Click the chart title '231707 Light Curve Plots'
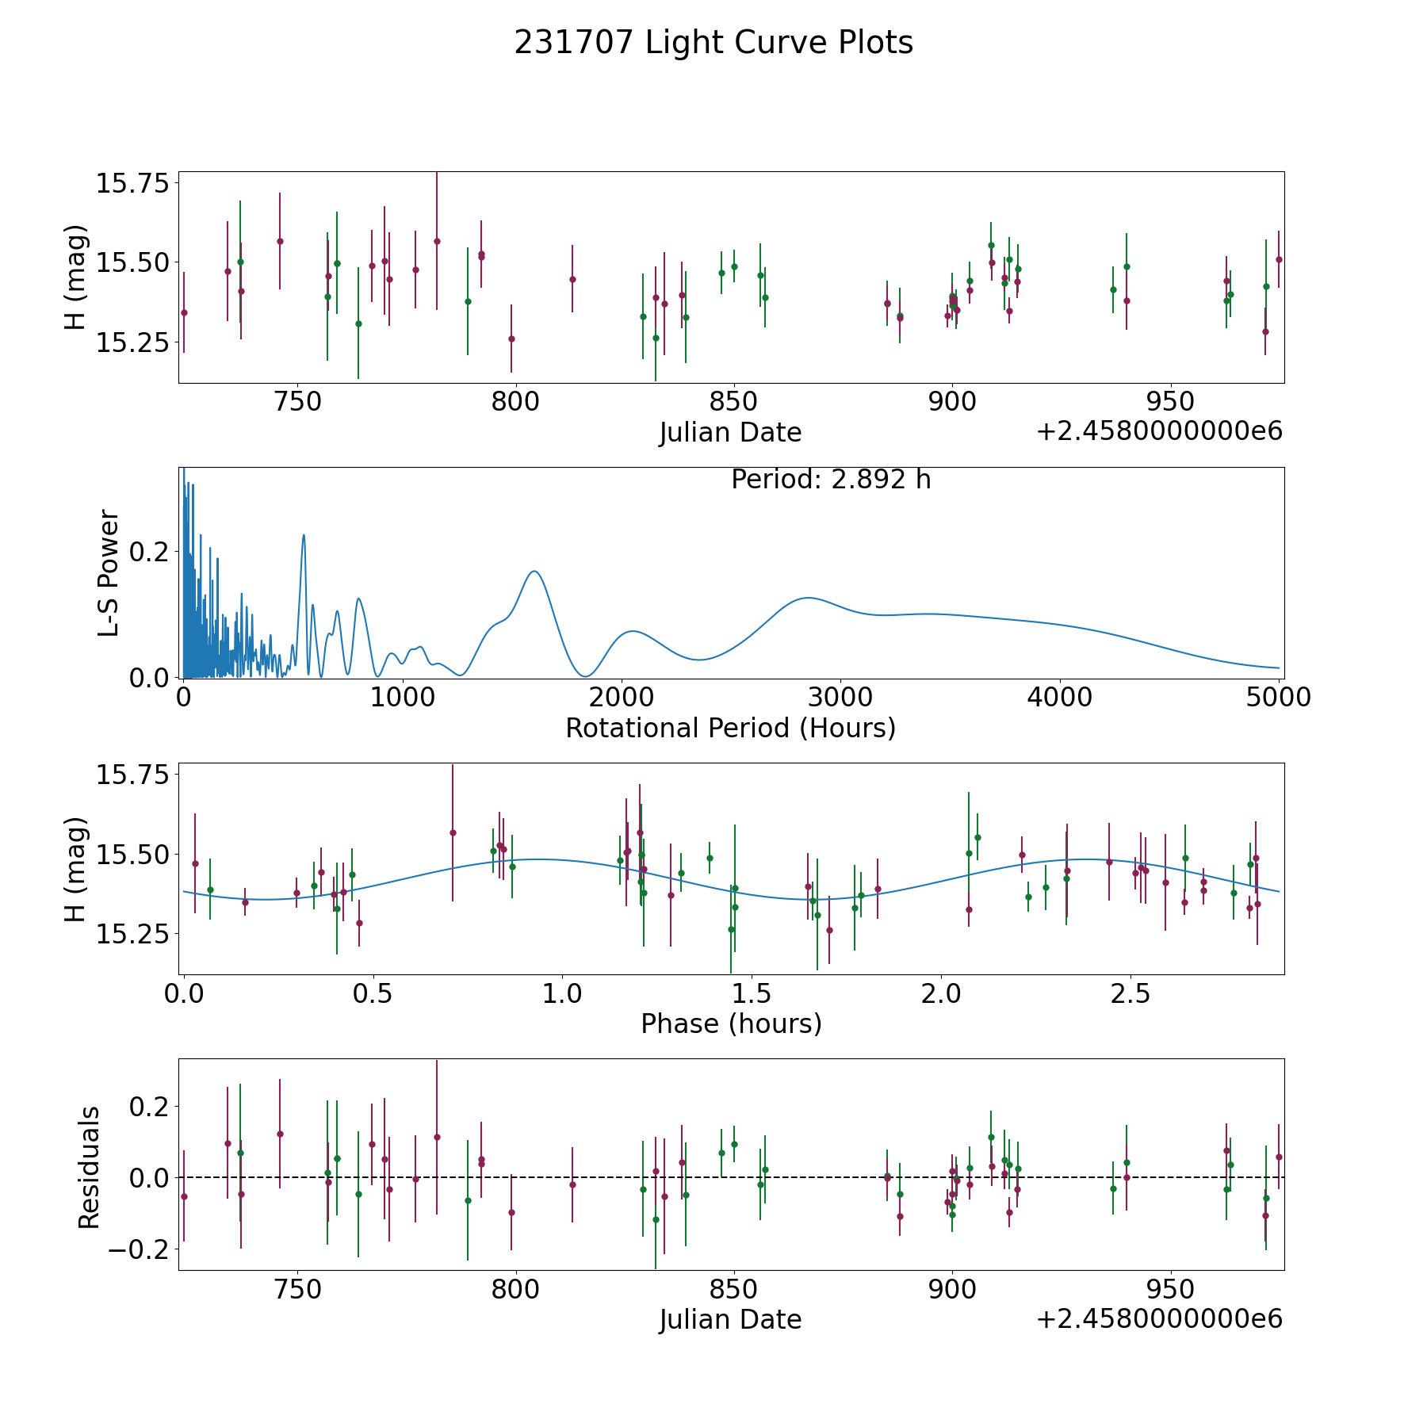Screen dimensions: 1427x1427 click(713, 43)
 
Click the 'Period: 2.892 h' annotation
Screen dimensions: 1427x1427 click(831, 480)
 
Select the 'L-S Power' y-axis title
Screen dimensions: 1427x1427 click(109, 573)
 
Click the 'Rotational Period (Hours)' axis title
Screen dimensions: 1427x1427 click(730, 728)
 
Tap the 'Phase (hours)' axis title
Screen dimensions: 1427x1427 click(731, 1023)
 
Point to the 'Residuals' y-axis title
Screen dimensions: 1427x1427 click(89, 1167)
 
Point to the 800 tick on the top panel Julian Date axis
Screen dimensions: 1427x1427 click(515, 402)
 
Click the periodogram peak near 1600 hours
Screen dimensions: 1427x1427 click(535, 572)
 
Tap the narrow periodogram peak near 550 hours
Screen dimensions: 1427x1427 click(304, 535)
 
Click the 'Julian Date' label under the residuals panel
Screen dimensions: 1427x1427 click(730, 1320)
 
